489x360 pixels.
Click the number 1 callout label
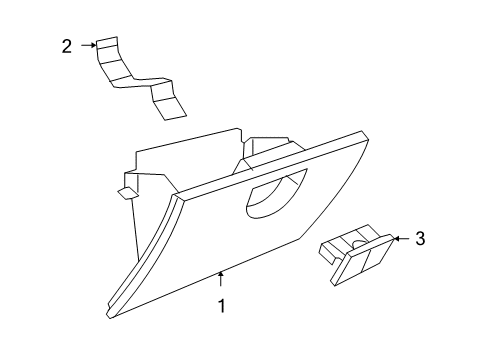click(222, 307)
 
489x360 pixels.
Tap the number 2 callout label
click(66, 46)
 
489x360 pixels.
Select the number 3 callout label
click(420, 238)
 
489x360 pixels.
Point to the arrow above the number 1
click(222, 280)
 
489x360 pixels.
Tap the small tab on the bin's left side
click(124, 190)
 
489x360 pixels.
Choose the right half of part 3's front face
click(376, 257)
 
